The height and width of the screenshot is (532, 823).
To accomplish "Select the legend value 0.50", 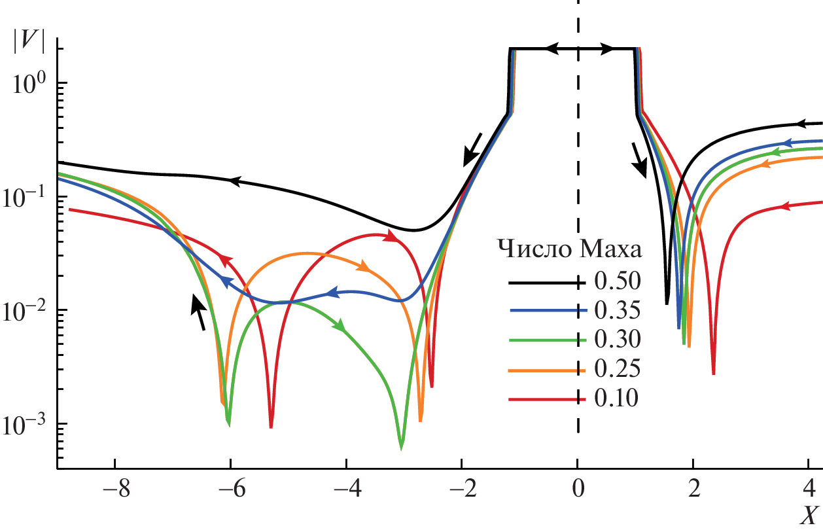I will click(615, 282).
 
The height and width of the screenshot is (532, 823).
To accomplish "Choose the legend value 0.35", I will click(615, 311).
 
